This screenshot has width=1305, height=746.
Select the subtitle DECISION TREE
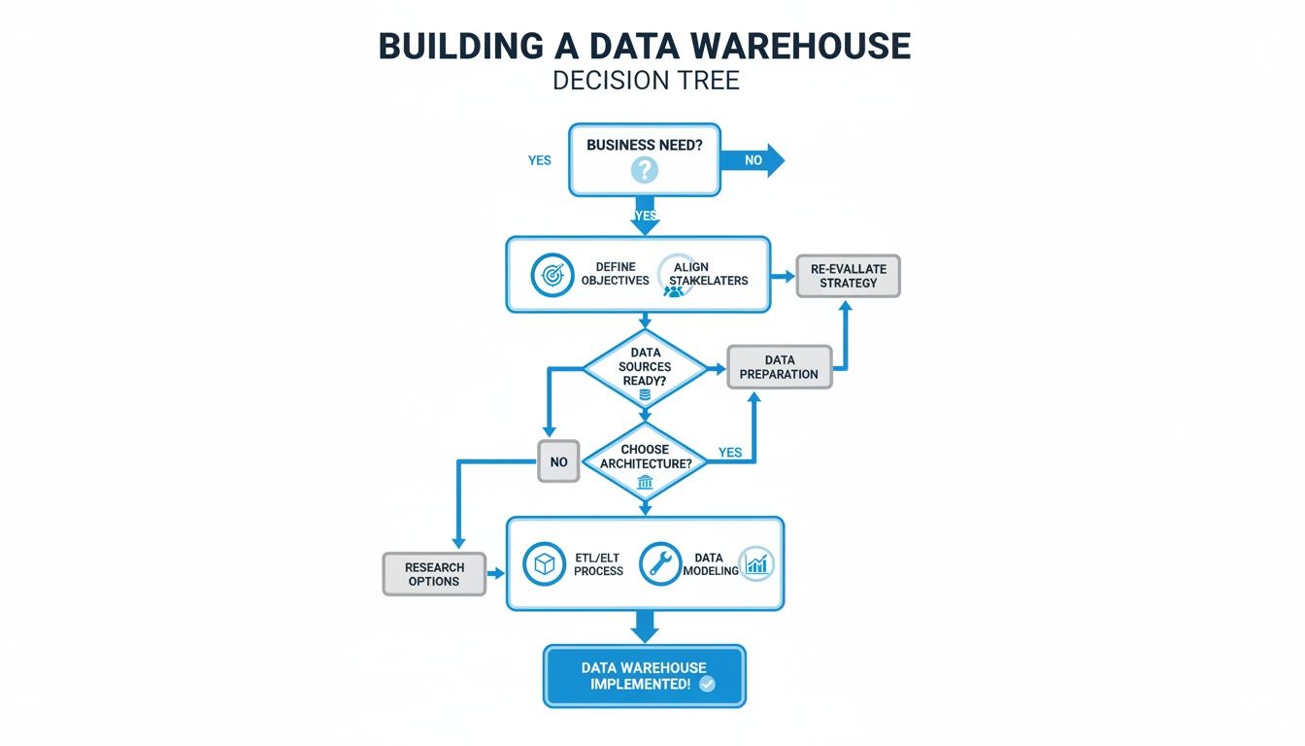coord(646,80)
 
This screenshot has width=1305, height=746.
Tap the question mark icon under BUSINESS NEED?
coord(644,171)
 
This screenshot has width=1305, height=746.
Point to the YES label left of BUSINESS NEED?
coord(539,160)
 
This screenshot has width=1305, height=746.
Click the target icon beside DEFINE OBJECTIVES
coord(551,275)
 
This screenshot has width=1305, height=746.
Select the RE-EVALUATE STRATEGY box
coord(848,276)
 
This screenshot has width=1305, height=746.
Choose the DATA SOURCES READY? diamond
coord(645,368)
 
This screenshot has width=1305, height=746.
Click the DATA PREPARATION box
coord(779,367)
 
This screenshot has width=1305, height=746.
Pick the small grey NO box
coord(558,461)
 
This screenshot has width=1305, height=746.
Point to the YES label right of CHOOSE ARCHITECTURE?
coord(729,453)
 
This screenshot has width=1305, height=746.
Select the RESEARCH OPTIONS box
coord(433,574)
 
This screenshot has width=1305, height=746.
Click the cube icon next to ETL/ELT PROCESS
coord(544,564)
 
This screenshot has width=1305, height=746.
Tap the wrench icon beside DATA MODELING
coord(660,564)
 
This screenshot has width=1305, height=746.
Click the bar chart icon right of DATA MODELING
coord(755,564)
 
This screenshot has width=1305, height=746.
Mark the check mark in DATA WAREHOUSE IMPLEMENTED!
coord(707,684)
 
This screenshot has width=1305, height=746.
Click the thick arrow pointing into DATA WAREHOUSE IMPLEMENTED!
coord(645,627)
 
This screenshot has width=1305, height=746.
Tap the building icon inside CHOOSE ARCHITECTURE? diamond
coord(645,483)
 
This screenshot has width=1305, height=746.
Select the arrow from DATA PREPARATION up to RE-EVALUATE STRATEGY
coord(844,335)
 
